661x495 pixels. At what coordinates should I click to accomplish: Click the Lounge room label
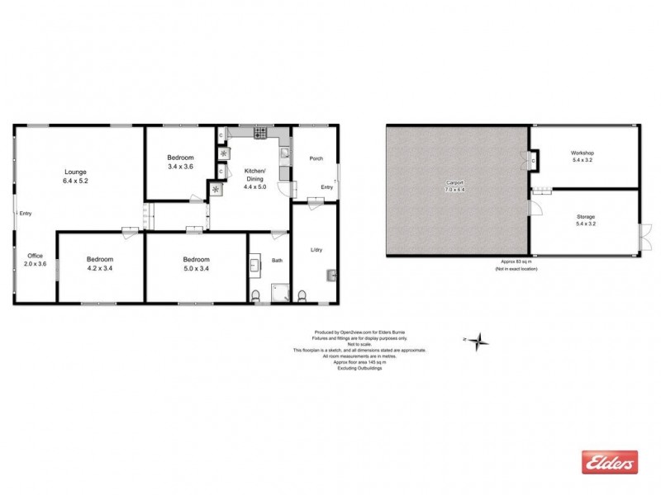pyautogui.click(x=75, y=171)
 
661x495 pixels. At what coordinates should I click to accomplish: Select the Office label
pyautogui.click(x=35, y=255)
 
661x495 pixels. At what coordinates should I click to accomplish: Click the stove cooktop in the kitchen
pyautogui.click(x=259, y=133)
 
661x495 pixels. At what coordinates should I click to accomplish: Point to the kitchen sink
pyautogui.click(x=284, y=153)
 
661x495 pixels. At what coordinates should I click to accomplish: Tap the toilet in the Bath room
pyautogui.click(x=257, y=296)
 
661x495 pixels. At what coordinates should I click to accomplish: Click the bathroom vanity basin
pyautogui.click(x=255, y=266)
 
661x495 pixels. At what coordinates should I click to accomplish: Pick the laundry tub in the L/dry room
pyautogui.click(x=330, y=276)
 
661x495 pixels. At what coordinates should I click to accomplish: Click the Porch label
pyautogui.click(x=316, y=158)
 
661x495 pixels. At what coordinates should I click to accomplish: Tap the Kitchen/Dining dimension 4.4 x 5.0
pyautogui.click(x=254, y=186)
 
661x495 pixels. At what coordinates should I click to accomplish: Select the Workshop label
pyautogui.click(x=583, y=153)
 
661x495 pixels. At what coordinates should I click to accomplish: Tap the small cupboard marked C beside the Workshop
pyautogui.click(x=535, y=158)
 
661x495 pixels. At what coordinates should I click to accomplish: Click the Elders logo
pyautogui.click(x=610, y=462)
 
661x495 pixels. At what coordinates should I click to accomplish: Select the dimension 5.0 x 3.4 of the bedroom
pyautogui.click(x=197, y=267)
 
